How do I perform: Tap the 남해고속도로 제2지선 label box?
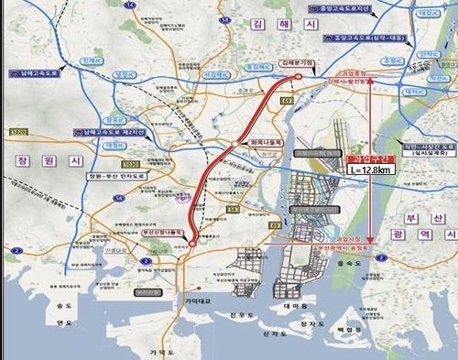click(111, 134)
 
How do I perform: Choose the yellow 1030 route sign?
click(131, 164)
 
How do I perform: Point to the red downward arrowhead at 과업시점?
click(369, 237)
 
